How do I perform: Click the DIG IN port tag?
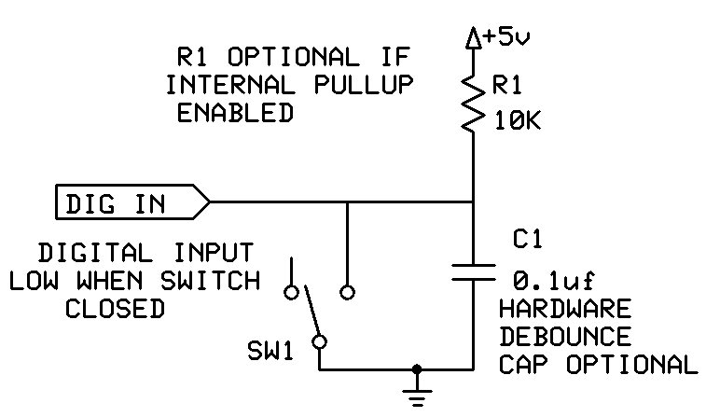[x=131, y=202]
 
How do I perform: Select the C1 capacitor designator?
[x=528, y=241]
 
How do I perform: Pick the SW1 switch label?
[x=270, y=352]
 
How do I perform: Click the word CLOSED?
[x=115, y=309]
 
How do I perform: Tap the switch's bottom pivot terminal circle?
[x=320, y=342]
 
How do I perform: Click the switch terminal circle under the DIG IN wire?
[x=347, y=292]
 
